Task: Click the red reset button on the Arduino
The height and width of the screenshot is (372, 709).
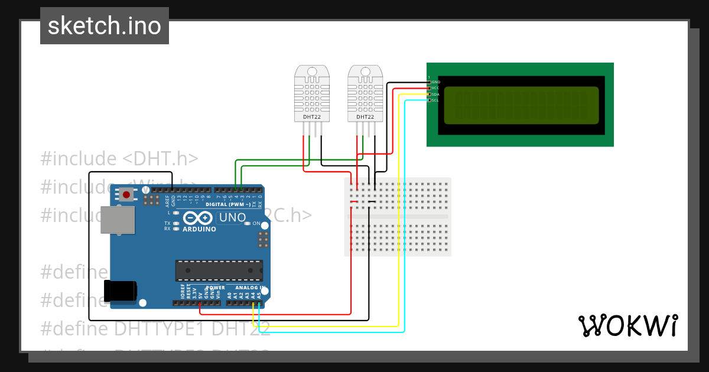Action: (x=126, y=194)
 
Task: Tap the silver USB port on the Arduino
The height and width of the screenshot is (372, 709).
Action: (x=117, y=220)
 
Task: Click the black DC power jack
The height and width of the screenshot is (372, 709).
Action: (x=121, y=290)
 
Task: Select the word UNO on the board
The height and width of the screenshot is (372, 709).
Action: (x=232, y=217)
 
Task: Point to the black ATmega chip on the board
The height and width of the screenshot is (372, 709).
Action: (x=219, y=270)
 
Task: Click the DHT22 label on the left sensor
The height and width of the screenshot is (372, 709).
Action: (x=312, y=117)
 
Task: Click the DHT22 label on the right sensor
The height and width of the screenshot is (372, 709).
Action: (x=365, y=117)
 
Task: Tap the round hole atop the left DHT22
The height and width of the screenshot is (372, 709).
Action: (x=312, y=72)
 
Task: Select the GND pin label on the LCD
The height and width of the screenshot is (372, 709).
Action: (x=436, y=82)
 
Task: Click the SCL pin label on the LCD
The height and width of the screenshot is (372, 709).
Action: (x=435, y=100)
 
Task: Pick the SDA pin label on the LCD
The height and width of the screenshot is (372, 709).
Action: (x=435, y=94)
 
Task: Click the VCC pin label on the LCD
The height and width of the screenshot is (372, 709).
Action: (x=435, y=88)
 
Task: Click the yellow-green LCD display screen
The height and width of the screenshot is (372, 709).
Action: (x=521, y=105)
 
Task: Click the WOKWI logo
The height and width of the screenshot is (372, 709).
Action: (x=627, y=326)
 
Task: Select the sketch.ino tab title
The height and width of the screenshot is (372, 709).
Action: (x=105, y=26)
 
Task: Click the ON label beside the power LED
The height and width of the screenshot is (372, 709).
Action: (x=256, y=224)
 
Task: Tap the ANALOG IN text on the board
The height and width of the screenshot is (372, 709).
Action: (x=247, y=288)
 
